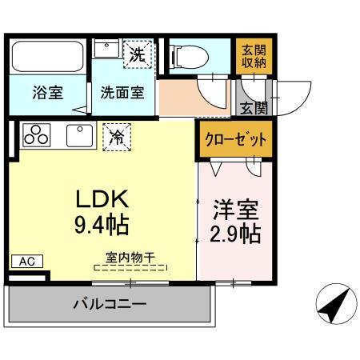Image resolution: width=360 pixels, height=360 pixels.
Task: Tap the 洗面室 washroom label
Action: click(x=122, y=92)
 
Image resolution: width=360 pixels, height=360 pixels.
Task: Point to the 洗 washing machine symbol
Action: click(x=139, y=54)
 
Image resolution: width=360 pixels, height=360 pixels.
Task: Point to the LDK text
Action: click(x=102, y=198)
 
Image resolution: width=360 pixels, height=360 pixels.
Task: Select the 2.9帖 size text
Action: click(x=235, y=235)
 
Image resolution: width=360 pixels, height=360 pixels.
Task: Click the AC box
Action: click(x=27, y=262)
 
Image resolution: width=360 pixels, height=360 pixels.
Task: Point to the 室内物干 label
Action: click(x=130, y=257)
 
